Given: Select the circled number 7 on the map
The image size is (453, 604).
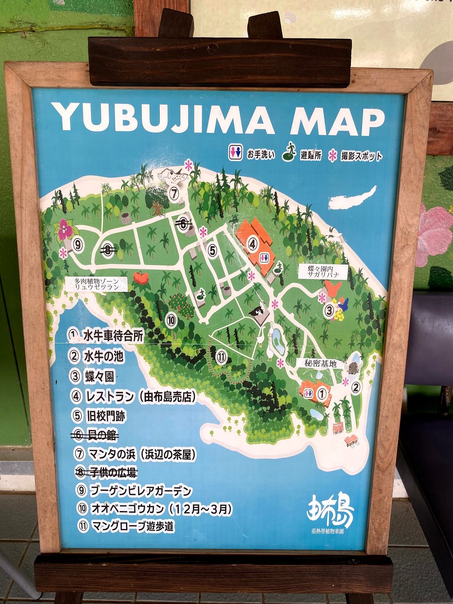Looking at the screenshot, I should click(x=174, y=193).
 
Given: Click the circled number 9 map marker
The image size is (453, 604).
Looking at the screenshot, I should click(x=78, y=246).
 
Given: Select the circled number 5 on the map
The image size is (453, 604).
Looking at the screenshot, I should click(x=213, y=250).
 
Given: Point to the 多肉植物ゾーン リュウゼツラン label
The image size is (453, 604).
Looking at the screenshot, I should click(x=96, y=284).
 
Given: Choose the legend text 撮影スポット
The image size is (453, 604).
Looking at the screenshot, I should click(x=361, y=156).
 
